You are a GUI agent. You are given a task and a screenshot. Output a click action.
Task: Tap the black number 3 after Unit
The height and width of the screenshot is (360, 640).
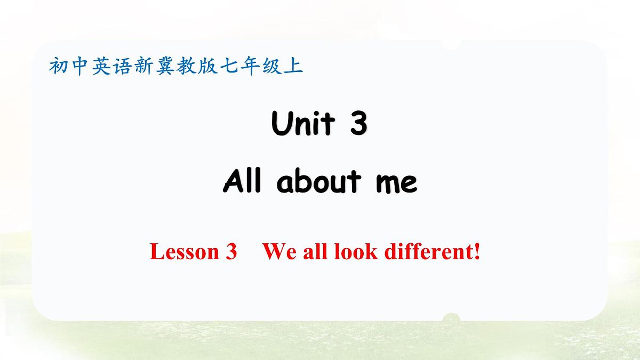click(359, 124)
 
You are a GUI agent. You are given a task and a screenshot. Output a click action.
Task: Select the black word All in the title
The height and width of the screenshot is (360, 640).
click(243, 182)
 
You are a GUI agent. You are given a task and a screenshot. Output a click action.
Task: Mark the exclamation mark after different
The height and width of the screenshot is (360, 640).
click(477, 251)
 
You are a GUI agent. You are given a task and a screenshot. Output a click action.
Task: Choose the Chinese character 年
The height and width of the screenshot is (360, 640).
click(249, 66)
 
